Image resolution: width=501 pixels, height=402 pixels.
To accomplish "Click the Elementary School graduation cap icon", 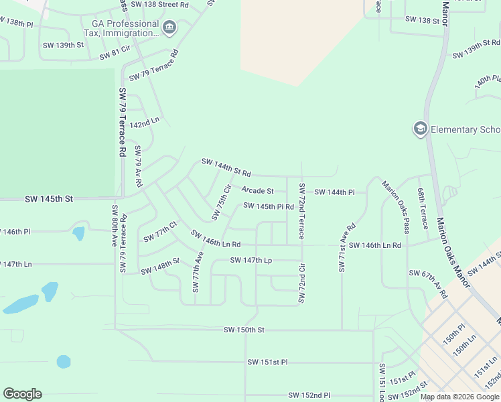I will click(x=421, y=129).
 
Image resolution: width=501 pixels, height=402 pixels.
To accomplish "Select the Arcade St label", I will click(x=258, y=191).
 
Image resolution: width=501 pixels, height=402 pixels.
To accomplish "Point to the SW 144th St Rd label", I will click(x=226, y=167).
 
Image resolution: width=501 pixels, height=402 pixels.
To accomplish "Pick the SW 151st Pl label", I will click(x=267, y=362).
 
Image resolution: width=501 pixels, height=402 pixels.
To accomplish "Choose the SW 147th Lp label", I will click(x=251, y=260).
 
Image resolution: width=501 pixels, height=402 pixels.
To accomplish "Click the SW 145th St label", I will click(x=48, y=199).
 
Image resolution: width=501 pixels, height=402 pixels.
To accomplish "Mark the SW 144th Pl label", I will click(x=334, y=192).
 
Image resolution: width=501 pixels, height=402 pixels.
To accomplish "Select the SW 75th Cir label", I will click(x=221, y=202).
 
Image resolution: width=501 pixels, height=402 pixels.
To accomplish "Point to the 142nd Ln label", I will click(x=145, y=123).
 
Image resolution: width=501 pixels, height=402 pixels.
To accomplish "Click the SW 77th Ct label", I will click(x=159, y=231).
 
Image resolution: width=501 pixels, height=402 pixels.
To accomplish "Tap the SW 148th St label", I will click(x=160, y=266).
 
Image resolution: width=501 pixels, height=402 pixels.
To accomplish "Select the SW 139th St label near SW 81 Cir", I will click(x=63, y=45).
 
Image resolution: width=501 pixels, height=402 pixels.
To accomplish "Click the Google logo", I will click(x=22, y=394).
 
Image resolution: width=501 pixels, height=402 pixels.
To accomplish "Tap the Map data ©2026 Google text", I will click(x=459, y=397).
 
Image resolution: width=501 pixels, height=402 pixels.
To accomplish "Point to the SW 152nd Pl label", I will click(x=309, y=395).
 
